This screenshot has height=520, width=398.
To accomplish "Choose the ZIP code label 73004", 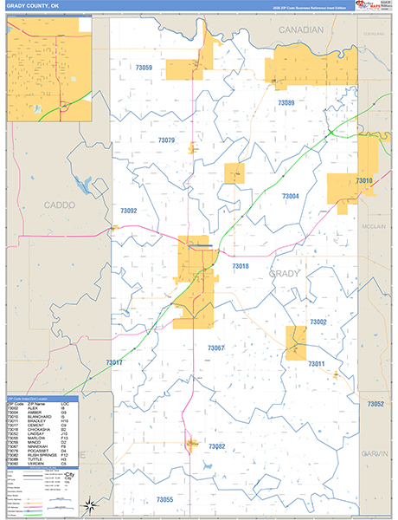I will (x=291, y=197).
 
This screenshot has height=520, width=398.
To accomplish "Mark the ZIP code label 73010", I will (x=364, y=180).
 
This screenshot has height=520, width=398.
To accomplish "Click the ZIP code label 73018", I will (x=241, y=266).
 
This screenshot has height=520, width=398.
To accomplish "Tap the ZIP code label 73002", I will (x=318, y=322).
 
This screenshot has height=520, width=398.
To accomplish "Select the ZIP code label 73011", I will (x=315, y=364).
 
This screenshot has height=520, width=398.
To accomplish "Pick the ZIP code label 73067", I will (x=216, y=348).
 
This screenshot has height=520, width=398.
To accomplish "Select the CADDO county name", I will (x=59, y=205).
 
